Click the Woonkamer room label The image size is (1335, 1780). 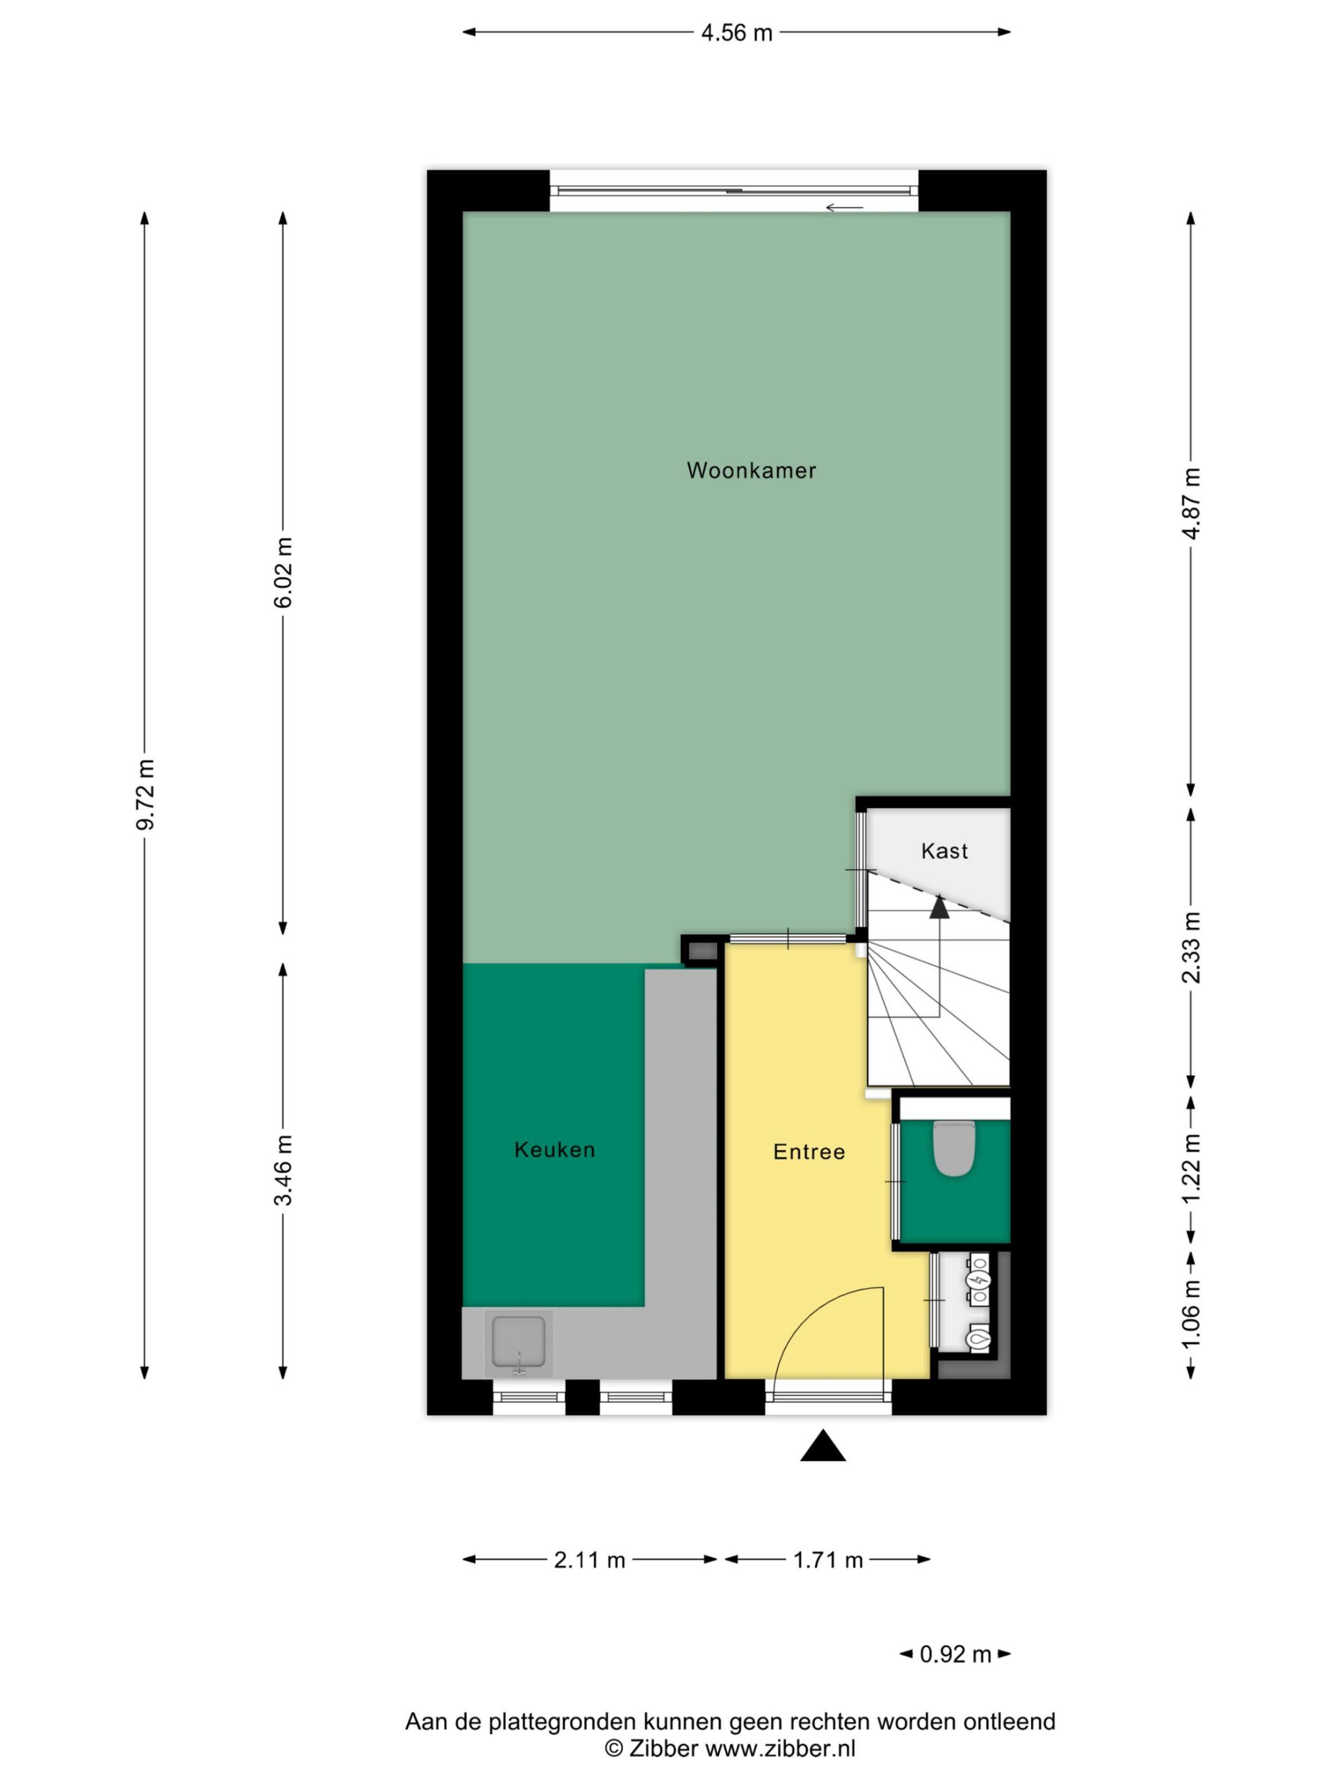tap(751, 471)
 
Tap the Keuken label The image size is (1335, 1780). tap(554, 1150)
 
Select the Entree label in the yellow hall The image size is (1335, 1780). tap(809, 1152)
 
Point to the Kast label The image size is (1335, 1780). tap(944, 850)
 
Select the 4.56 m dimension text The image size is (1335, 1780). tap(736, 33)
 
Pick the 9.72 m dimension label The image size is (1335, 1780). tap(145, 793)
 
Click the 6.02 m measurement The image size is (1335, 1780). tap(283, 572)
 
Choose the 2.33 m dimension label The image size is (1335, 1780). tap(1192, 947)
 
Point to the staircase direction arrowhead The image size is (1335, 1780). tap(939, 906)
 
